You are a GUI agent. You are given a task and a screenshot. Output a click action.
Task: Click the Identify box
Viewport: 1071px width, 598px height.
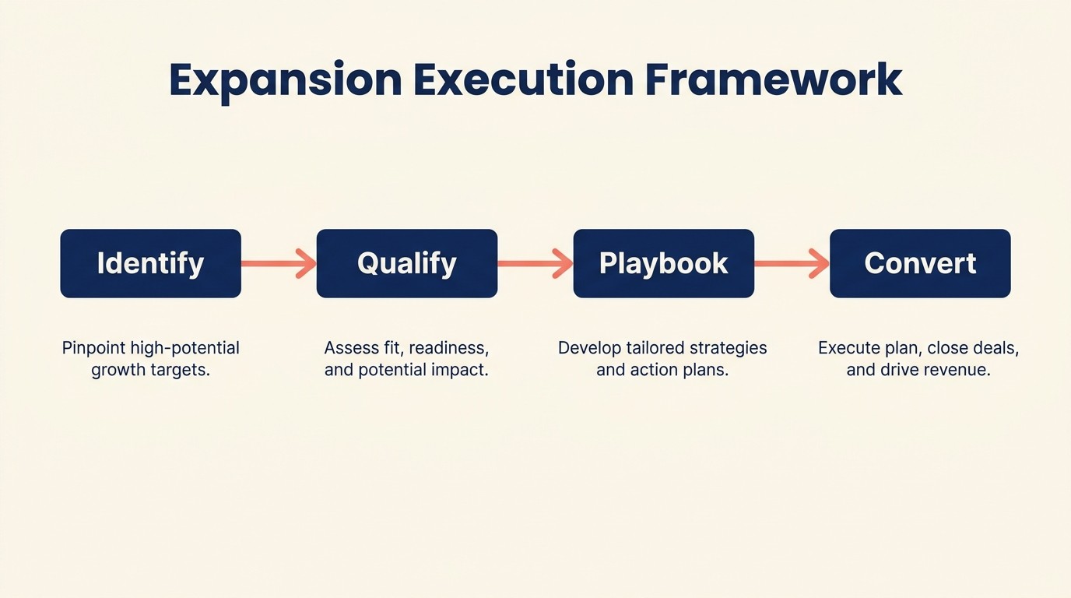coord(150,263)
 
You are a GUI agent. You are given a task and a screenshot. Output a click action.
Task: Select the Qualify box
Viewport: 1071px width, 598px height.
coord(406,263)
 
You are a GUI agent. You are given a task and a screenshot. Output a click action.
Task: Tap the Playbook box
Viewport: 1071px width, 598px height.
coord(663,263)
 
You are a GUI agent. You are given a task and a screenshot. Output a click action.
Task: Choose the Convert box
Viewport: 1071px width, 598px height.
coord(920,263)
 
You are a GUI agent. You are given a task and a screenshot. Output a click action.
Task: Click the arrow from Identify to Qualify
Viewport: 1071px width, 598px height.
coord(279,263)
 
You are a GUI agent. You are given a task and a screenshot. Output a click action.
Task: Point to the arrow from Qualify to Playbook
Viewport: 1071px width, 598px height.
coord(535,263)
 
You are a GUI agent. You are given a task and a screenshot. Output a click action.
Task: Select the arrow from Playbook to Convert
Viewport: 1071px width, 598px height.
coord(792,263)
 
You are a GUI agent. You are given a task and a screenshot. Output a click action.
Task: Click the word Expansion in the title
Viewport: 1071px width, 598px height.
coord(285,79)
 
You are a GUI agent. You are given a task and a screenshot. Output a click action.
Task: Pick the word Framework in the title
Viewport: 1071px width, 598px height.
coord(774,79)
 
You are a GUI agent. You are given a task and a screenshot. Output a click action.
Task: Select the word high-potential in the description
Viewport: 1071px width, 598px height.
coord(185,348)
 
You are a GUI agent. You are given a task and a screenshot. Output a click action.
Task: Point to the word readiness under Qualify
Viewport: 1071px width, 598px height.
coord(453,348)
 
